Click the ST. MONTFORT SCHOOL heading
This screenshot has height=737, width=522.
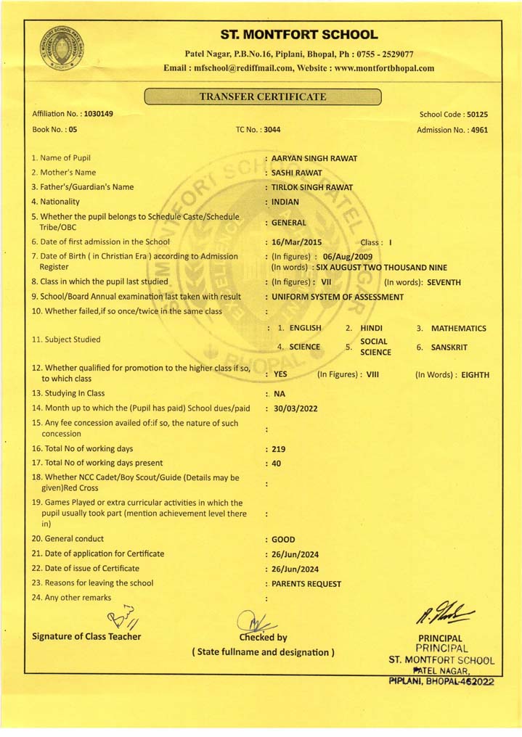tap(298, 35)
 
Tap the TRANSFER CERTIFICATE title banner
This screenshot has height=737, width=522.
tap(263, 96)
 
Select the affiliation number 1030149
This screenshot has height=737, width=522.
tap(98, 115)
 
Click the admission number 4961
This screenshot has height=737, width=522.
tap(478, 130)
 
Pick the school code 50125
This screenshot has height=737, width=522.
tap(477, 115)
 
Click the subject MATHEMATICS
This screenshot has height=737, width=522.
tap(459, 329)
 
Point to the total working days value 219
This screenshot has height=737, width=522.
tap(278, 449)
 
